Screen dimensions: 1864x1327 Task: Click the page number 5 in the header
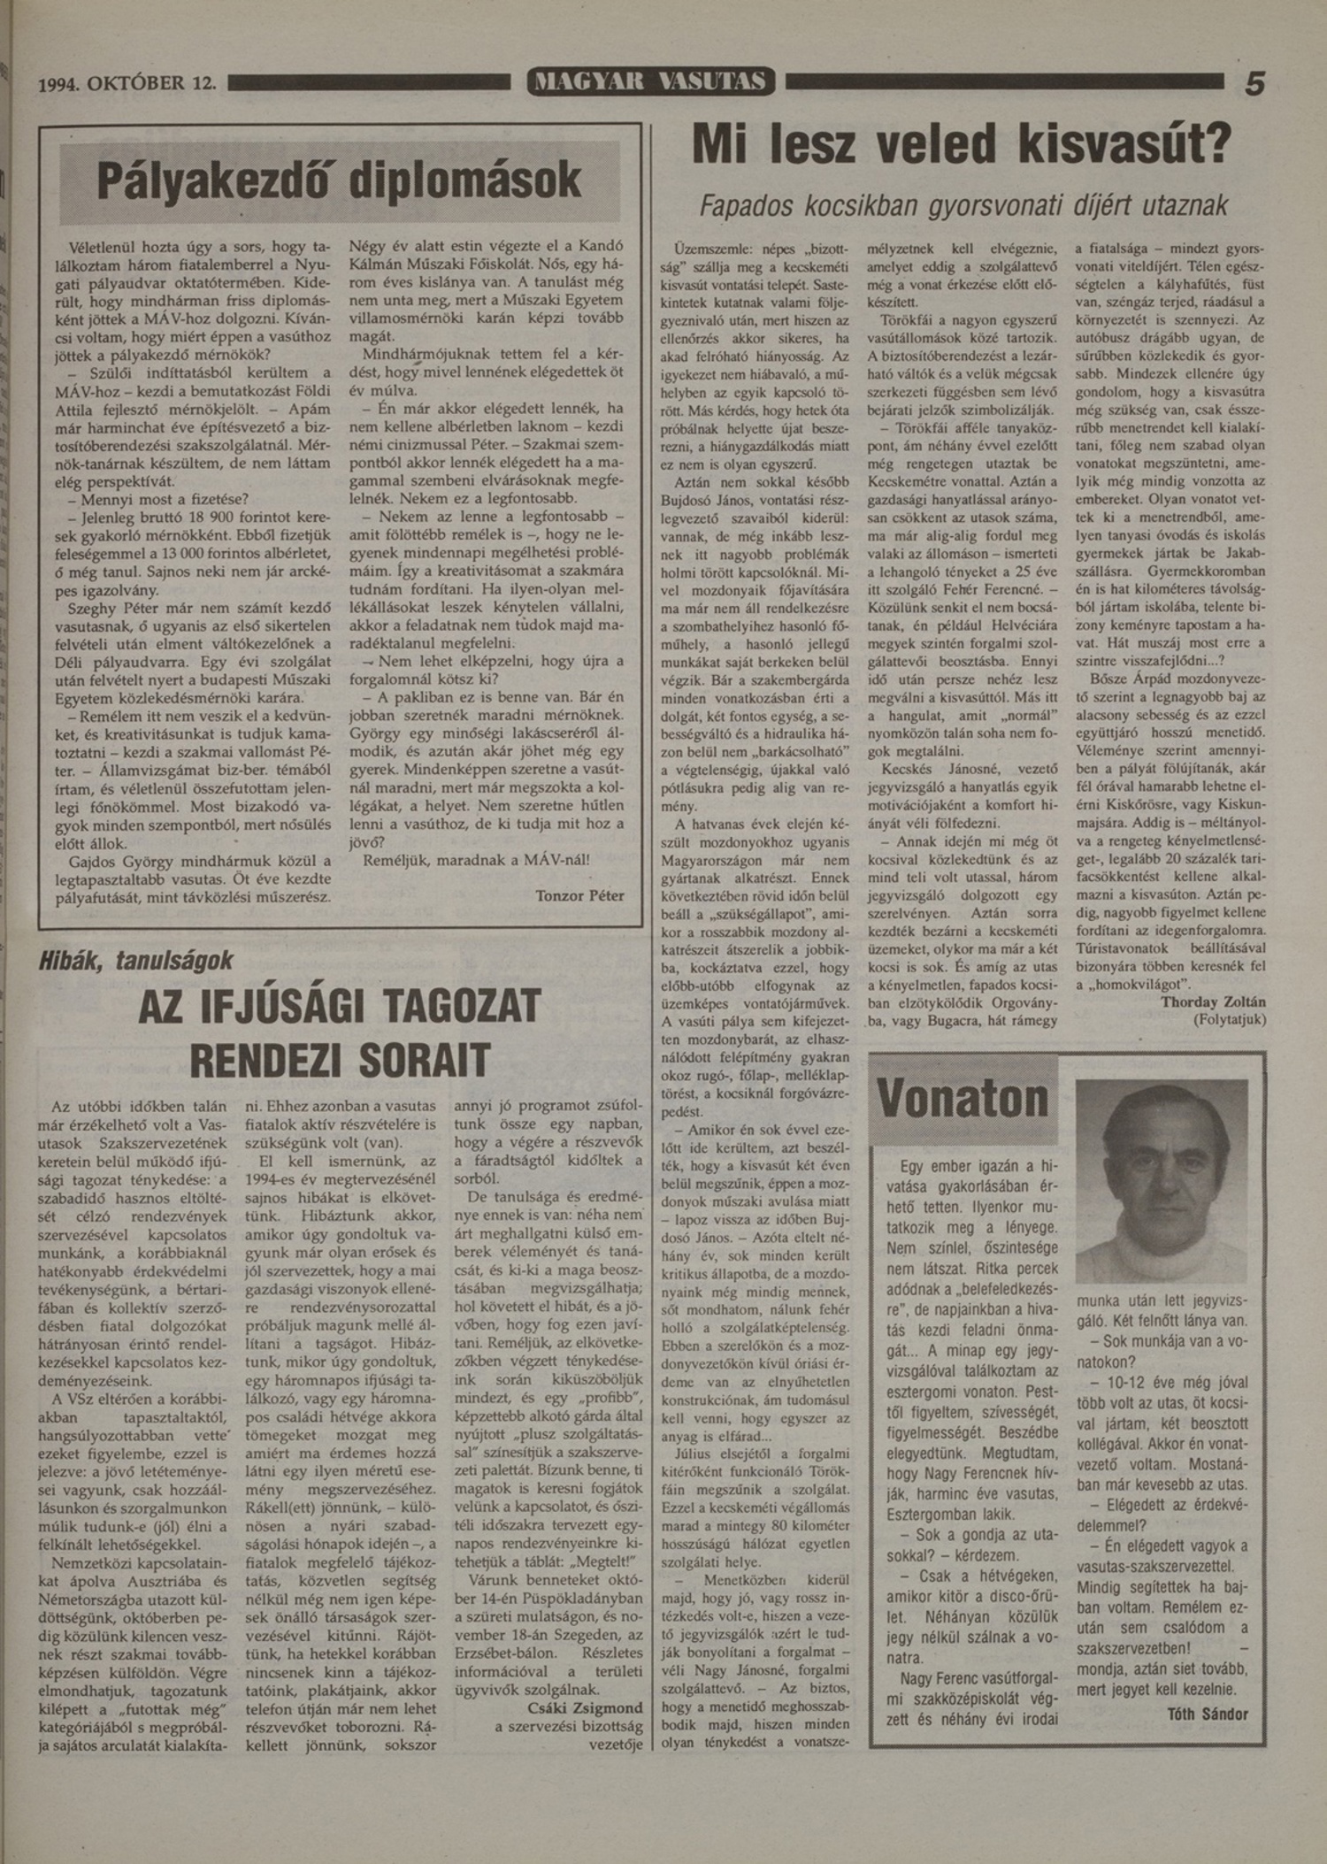point(1254,84)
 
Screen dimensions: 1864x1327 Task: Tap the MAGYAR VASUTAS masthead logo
point(650,82)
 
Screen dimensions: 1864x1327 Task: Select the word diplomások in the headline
point(465,180)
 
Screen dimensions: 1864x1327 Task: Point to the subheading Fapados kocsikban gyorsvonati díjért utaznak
point(963,206)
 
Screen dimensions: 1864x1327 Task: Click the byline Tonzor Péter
point(579,895)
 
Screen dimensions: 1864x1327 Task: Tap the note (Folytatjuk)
point(1229,1019)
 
